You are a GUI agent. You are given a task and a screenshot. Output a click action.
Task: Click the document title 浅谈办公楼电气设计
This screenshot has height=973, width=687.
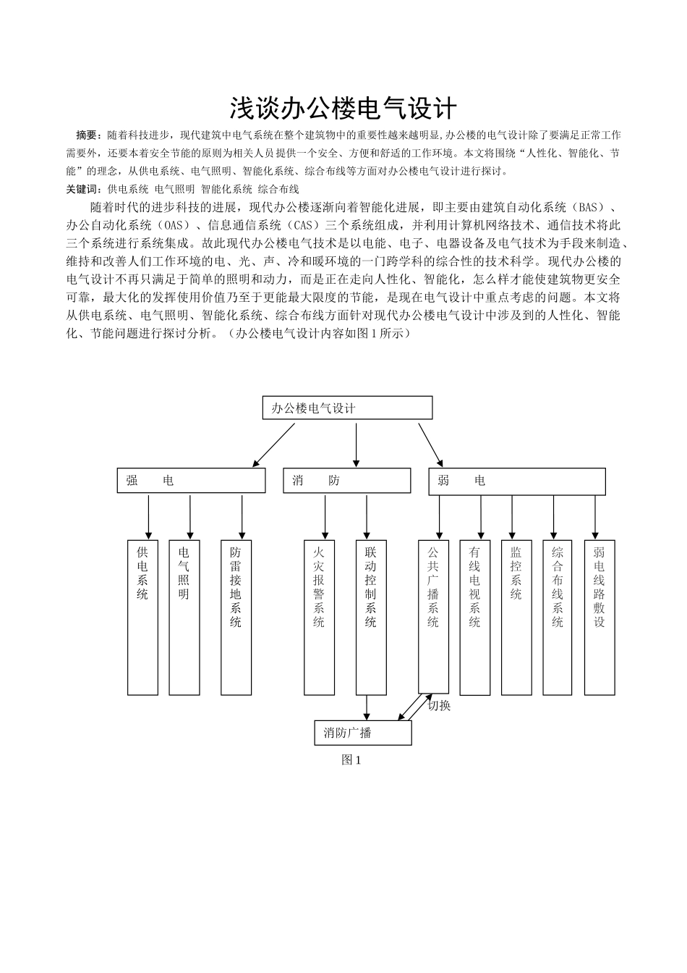pyautogui.click(x=343, y=109)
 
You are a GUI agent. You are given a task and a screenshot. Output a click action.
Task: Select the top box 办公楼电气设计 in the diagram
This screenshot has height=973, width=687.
pyautogui.click(x=347, y=408)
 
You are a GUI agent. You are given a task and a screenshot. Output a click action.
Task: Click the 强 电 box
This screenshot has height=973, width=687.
pyautogui.click(x=191, y=481)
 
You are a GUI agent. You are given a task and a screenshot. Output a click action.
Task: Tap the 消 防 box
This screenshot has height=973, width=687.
pyautogui.click(x=347, y=481)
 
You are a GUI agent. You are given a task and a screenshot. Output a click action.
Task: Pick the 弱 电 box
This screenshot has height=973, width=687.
pyautogui.click(x=516, y=481)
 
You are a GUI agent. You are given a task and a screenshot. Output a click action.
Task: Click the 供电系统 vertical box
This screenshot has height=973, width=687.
pyautogui.click(x=142, y=618)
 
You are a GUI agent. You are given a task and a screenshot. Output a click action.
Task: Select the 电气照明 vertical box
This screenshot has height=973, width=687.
pyautogui.click(x=184, y=618)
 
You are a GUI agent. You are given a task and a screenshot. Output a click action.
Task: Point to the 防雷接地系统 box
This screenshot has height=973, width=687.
pyautogui.click(x=236, y=618)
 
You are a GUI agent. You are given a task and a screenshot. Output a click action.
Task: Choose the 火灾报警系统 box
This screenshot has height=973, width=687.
pyautogui.click(x=319, y=618)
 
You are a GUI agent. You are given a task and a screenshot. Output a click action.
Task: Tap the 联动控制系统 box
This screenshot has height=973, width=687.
pyautogui.click(x=371, y=618)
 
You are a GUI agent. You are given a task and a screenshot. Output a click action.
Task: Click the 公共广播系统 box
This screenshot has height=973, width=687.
pyautogui.click(x=433, y=618)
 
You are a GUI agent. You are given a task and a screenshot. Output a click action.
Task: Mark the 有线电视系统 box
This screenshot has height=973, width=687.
pyautogui.click(x=474, y=618)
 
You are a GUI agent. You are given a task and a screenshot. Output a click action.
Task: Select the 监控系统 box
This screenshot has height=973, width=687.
pyautogui.click(x=516, y=618)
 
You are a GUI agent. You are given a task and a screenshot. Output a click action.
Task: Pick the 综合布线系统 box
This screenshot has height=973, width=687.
pyautogui.click(x=558, y=618)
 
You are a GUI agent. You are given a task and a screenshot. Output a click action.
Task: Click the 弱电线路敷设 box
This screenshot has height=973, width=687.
pyautogui.click(x=599, y=618)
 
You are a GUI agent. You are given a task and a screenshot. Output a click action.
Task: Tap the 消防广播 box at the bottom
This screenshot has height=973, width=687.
pyautogui.click(x=363, y=733)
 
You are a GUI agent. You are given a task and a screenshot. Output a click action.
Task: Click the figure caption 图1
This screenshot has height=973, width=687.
pyautogui.click(x=351, y=760)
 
